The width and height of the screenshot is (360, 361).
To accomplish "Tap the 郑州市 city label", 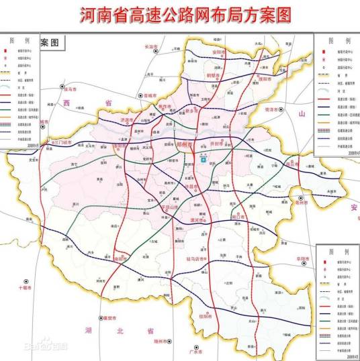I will tap(183, 144).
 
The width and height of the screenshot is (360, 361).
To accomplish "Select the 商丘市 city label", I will tap(291, 163).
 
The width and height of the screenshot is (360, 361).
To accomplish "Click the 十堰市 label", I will tap(22, 287).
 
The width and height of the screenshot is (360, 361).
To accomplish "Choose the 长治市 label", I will tap(151, 46).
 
